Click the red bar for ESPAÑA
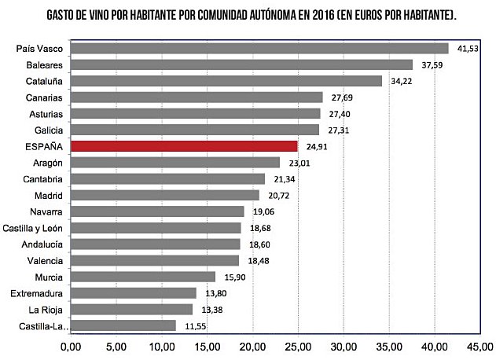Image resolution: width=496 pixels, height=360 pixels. [184, 146]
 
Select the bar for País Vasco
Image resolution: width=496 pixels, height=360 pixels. [259, 49]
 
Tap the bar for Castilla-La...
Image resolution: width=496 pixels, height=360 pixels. [123, 325]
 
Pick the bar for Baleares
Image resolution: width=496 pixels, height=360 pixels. [241, 64]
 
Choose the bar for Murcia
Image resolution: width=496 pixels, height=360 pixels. [143, 277]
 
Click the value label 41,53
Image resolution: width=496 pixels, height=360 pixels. [469, 49]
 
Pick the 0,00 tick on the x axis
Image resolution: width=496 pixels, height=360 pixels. [71, 347]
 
